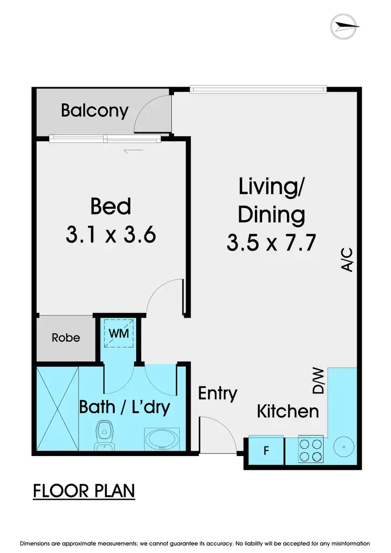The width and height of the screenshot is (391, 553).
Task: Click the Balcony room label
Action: (x=94, y=111)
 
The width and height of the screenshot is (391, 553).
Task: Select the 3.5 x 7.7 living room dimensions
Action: (x=271, y=243)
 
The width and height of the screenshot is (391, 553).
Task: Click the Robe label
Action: (x=66, y=338)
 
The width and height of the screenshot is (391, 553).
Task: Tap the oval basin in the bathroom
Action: (x=161, y=438)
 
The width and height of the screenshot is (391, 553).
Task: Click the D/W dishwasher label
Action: (x=318, y=381)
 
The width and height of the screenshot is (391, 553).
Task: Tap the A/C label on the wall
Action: (x=347, y=260)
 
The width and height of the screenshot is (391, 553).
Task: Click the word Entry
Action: (x=218, y=393)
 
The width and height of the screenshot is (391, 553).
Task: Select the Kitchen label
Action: (x=288, y=411)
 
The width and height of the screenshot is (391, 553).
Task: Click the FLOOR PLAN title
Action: (x=84, y=491)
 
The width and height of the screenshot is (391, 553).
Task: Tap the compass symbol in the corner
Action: (x=345, y=25)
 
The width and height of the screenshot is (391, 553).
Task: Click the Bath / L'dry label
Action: (x=125, y=407)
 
